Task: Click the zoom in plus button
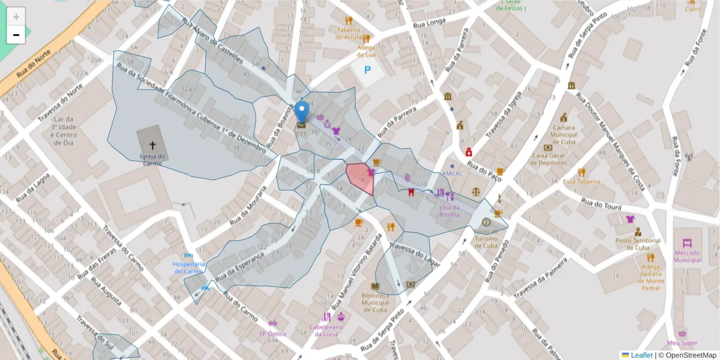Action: coord(16,17)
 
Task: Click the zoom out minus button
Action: coord(16,35)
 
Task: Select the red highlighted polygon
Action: coord(361,179)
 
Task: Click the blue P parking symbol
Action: coord(368,71)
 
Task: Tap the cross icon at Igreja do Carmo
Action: coord(152,145)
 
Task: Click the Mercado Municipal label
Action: coord(687,256)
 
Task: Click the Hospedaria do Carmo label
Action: coord(189,267)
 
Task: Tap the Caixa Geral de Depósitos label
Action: coord(548,159)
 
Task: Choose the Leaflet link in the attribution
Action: coord(641,355)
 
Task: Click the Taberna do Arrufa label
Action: coord(348,34)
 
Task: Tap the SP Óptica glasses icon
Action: coord(272,323)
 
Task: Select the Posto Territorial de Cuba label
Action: coord(638,244)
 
